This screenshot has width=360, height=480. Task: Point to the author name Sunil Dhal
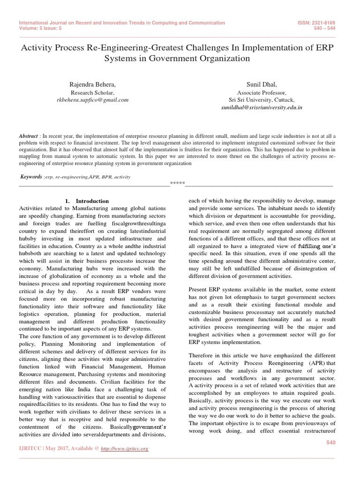click(262, 84)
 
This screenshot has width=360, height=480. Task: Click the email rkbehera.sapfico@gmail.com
click(92, 100)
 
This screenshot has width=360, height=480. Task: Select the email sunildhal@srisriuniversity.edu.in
click(262, 107)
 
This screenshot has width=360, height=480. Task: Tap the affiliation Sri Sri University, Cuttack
click(262, 100)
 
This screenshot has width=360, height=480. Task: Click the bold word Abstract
click(28, 135)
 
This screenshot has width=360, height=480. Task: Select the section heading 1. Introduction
click(87, 201)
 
